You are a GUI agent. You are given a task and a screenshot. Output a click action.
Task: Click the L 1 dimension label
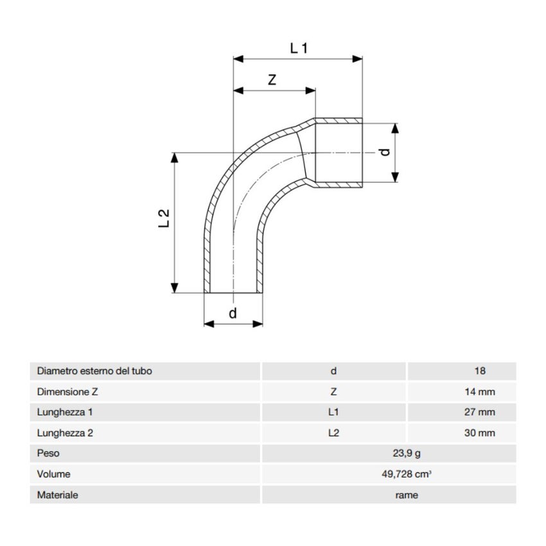tap(299, 48)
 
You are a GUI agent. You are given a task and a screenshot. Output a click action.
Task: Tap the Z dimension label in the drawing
tap(272, 80)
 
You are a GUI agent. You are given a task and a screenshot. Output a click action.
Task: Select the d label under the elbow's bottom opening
tap(233, 313)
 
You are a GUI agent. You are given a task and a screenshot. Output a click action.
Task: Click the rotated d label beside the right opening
tap(383, 152)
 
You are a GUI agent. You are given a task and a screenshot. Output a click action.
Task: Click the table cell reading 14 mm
tap(479, 391)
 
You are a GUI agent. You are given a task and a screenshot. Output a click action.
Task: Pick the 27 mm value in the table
tap(479, 412)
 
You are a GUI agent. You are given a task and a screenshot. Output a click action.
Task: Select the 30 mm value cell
tap(479, 433)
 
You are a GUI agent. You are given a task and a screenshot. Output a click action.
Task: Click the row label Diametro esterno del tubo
tap(94, 371)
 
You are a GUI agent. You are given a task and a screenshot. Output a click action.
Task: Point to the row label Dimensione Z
tap(67, 391)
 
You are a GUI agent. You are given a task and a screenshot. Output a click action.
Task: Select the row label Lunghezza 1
tap(66, 412)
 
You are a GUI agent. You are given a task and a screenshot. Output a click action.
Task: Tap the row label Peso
tap(48, 454)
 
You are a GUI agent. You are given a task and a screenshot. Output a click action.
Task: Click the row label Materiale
tap(58, 495)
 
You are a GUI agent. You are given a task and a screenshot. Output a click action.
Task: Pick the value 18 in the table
tap(479, 371)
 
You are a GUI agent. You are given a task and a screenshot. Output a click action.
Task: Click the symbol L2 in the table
tap(333, 433)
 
